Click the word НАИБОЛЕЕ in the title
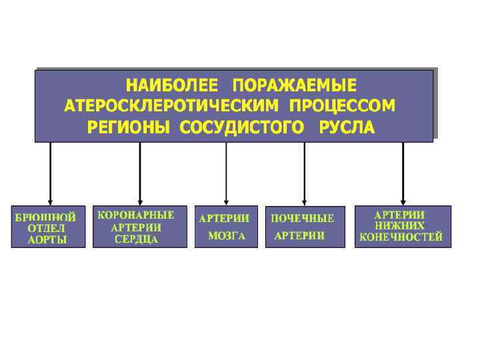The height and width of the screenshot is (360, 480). tap(172, 86)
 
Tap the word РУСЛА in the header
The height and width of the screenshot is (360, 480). tap(347, 127)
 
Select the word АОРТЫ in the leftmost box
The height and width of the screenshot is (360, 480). tap(48, 240)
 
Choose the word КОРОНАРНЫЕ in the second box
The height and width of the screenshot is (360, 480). tap(136, 215)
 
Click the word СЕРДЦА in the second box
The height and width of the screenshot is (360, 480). tap(136, 239)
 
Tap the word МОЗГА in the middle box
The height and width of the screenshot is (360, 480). tap(227, 236)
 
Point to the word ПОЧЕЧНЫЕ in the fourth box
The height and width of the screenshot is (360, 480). tap(303, 218)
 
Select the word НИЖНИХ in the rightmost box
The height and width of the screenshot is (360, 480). tap(400, 226)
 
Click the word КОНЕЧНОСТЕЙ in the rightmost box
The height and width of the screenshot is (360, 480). tap(401, 237)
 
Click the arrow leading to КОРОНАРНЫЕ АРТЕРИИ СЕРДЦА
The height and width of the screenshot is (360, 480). tap(140, 173)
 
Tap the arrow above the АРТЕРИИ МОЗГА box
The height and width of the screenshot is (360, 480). tap(226, 173)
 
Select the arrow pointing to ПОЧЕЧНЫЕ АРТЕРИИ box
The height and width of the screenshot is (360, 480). tap(304, 173)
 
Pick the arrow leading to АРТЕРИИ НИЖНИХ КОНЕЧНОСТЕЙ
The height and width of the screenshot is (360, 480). tap(403, 173)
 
